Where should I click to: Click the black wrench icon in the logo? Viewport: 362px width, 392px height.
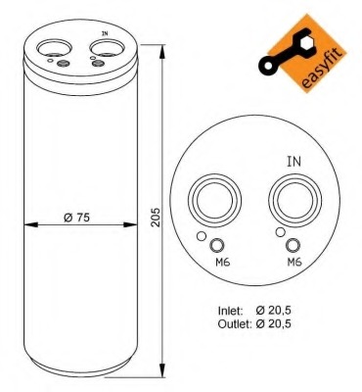[291, 51]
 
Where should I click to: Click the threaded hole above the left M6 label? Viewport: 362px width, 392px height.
[218, 246]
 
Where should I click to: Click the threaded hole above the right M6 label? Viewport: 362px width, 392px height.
[294, 246]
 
